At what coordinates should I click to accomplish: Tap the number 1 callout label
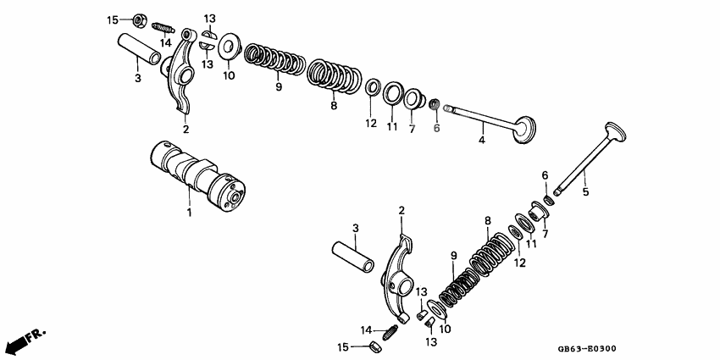click(x=190, y=213)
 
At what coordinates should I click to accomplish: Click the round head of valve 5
click(x=615, y=134)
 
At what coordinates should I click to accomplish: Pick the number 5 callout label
click(x=585, y=191)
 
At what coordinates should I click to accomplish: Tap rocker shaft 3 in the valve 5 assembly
click(x=351, y=253)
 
